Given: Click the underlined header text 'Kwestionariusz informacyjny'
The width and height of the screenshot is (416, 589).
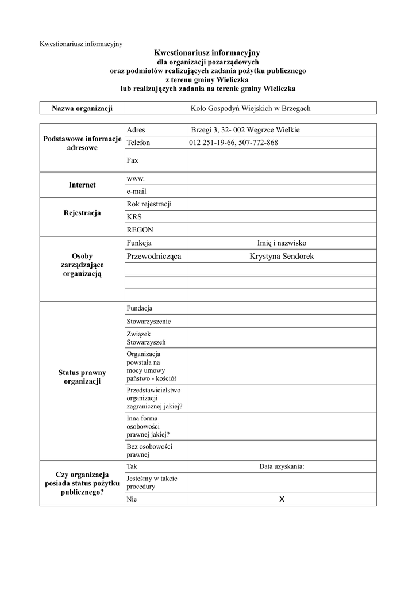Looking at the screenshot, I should pyautogui.click(x=80, y=44).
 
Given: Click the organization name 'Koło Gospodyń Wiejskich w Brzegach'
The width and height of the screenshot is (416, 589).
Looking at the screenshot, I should pyautogui.click(x=251, y=108).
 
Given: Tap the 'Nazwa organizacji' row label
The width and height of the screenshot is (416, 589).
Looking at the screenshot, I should pyautogui.click(x=82, y=108).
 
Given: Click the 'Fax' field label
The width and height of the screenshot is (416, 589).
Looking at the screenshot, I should pyautogui.click(x=132, y=160).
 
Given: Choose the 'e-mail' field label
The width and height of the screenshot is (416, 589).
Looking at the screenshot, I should pyautogui.click(x=137, y=192).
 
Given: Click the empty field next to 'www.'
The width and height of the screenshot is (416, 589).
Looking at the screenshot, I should pyautogui.click(x=281, y=179).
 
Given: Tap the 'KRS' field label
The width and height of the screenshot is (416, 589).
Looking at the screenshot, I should pyautogui.click(x=134, y=217).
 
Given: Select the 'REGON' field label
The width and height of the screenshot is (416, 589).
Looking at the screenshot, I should pyautogui.click(x=140, y=230).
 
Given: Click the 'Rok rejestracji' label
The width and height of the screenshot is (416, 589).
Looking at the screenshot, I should pyautogui.click(x=149, y=204).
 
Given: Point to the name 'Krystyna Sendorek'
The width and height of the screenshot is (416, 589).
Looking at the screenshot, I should pyautogui.click(x=282, y=256).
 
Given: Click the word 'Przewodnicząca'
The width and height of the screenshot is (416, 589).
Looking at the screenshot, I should pyautogui.click(x=153, y=256).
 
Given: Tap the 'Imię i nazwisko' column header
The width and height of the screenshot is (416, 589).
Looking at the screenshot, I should pyautogui.click(x=282, y=243).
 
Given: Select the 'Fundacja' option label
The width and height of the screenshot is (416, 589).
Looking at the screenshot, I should pyautogui.click(x=140, y=308).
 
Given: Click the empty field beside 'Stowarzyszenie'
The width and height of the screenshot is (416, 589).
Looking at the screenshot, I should pyautogui.click(x=281, y=322).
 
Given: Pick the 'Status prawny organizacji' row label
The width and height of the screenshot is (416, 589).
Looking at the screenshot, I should pyautogui.click(x=82, y=377).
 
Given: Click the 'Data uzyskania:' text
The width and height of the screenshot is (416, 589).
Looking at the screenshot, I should pyautogui.click(x=282, y=466).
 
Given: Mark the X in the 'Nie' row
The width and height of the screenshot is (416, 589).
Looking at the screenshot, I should pyautogui.click(x=282, y=499).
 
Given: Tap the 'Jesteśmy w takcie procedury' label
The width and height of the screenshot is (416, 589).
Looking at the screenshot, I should pyautogui.click(x=152, y=482).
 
